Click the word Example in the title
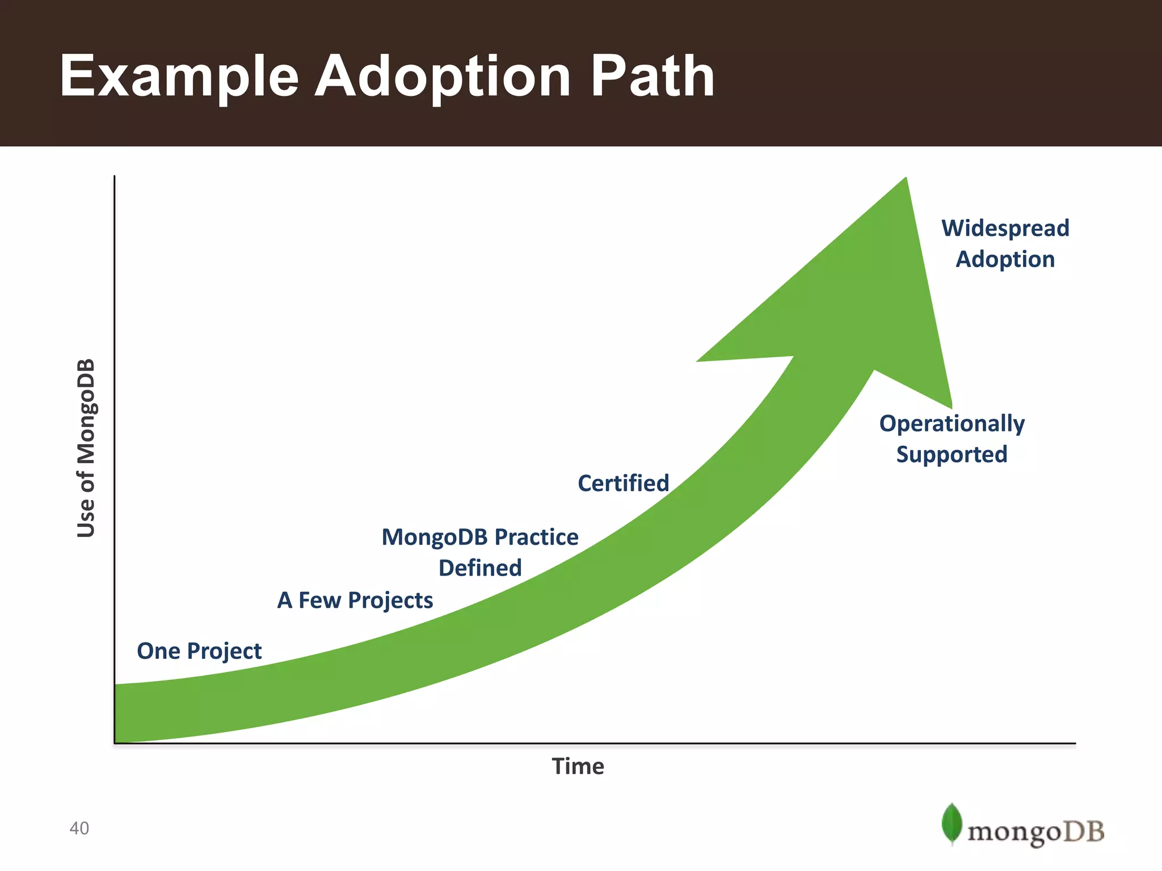(x=179, y=76)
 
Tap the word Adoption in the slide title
(x=443, y=76)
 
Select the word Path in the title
(x=652, y=76)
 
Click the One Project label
(x=199, y=651)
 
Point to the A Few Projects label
(x=355, y=600)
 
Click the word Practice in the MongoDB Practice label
(x=536, y=537)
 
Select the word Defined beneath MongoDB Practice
(x=480, y=568)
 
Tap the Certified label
(x=624, y=483)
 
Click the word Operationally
(x=952, y=424)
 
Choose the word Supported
(x=952, y=454)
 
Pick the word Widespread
(x=1005, y=228)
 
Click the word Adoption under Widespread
(x=1005, y=259)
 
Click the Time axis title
(x=578, y=766)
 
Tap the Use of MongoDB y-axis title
(x=86, y=448)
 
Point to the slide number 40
(x=79, y=828)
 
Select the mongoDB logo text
(x=1035, y=832)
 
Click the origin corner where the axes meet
(x=115, y=743)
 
